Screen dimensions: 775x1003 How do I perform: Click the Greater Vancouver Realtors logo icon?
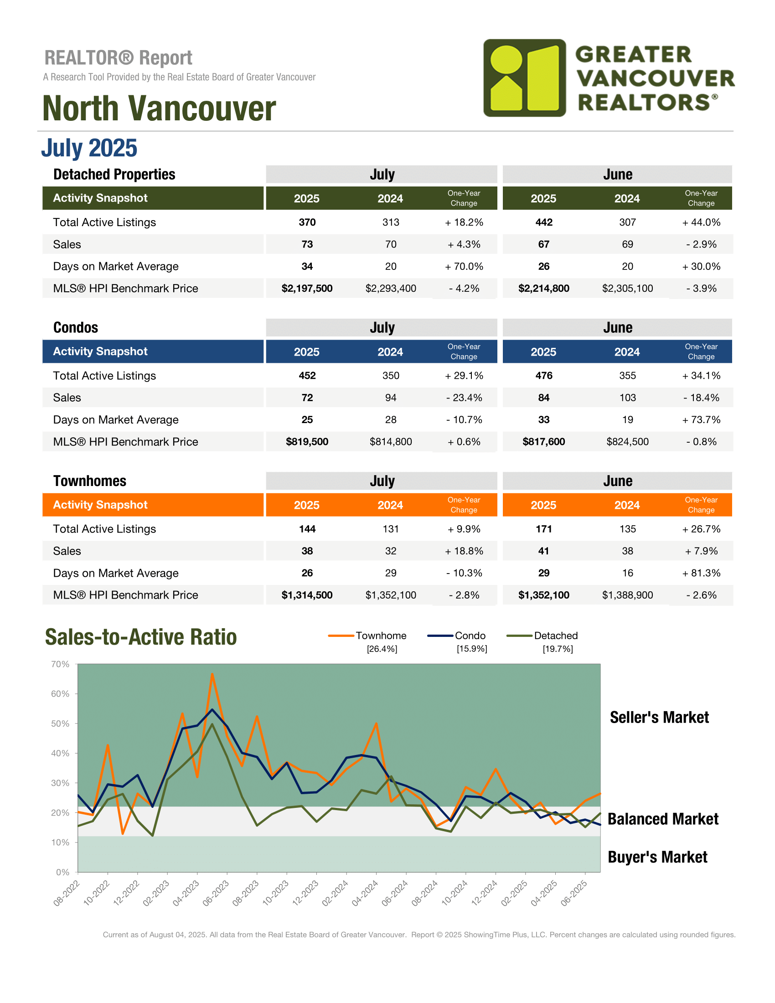pyautogui.click(x=524, y=78)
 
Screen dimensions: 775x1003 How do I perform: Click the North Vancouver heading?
pyautogui.click(x=159, y=109)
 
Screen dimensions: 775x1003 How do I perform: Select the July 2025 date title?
pyautogui.click(x=89, y=148)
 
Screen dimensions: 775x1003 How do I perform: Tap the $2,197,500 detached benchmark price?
pyautogui.click(x=307, y=289)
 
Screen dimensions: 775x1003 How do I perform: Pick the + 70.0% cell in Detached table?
pyautogui.click(x=464, y=266)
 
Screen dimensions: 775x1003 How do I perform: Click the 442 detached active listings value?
pyautogui.click(x=543, y=222)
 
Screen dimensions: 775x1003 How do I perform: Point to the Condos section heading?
pyautogui.click(x=76, y=327)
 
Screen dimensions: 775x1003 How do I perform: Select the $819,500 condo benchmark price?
pyautogui.click(x=307, y=442)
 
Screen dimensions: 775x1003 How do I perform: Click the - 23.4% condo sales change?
pyautogui.click(x=464, y=398)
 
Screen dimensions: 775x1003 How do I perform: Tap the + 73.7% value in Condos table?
pyautogui.click(x=701, y=420)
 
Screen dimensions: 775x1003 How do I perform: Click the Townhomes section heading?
pyautogui.click(x=89, y=481)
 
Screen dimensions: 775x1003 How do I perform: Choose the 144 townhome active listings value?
pyautogui.click(x=307, y=529)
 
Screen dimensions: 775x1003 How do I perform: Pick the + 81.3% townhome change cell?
pyautogui.click(x=701, y=573)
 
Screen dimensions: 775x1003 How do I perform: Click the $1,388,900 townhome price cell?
pyautogui.click(x=627, y=595)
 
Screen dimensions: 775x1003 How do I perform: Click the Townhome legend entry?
pyautogui.click(x=367, y=636)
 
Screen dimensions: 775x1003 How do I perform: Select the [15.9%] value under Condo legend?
pyautogui.click(x=471, y=649)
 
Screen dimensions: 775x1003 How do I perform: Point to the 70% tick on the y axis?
pyautogui.click(x=61, y=664)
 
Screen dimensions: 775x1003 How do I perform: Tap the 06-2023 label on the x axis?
pyautogui.click(x=215, y=893)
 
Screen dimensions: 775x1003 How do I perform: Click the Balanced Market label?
pyautogui.click(x=663, y=819)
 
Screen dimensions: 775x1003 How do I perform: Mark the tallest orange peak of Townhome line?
pyautogui.click(x=212, y=674)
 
